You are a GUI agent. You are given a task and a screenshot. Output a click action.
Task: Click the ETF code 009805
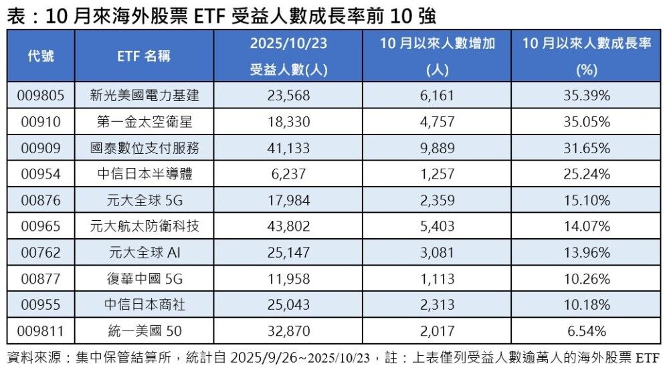pos(41,96)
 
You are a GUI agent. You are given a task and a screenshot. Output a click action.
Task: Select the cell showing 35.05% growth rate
pos(587,122)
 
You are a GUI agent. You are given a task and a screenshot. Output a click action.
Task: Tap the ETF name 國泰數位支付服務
pos(145,148)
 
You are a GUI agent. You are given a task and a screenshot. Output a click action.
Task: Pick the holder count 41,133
pos(288,148)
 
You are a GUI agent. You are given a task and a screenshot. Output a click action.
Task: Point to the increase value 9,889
pos(438,148)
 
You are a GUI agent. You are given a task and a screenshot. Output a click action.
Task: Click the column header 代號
pos(41,56)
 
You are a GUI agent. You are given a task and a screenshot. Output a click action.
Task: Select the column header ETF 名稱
pos(145,56)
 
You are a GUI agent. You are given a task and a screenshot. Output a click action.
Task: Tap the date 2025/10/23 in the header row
pos(288,44)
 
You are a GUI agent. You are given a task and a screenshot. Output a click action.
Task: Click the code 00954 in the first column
pos(41,174)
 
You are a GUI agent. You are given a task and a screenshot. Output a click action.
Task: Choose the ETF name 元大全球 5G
pos(145,200)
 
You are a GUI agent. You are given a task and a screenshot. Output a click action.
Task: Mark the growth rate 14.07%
pos(587,226)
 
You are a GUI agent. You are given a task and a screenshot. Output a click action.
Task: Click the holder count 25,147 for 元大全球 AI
pos(288,252)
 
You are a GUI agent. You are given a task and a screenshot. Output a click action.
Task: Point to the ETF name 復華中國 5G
pos(145,278)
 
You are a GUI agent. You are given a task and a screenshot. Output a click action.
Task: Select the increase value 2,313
pos(438,304)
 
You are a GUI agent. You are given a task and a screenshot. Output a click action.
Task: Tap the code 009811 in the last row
pos(41,331)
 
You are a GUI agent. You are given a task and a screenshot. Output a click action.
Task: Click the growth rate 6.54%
pos(587,331)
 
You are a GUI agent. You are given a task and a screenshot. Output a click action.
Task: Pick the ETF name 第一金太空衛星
pos(145,122)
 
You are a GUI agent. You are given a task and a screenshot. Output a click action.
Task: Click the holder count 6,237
pos(288,174)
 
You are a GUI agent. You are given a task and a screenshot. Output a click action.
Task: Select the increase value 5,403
pos(438,226)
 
